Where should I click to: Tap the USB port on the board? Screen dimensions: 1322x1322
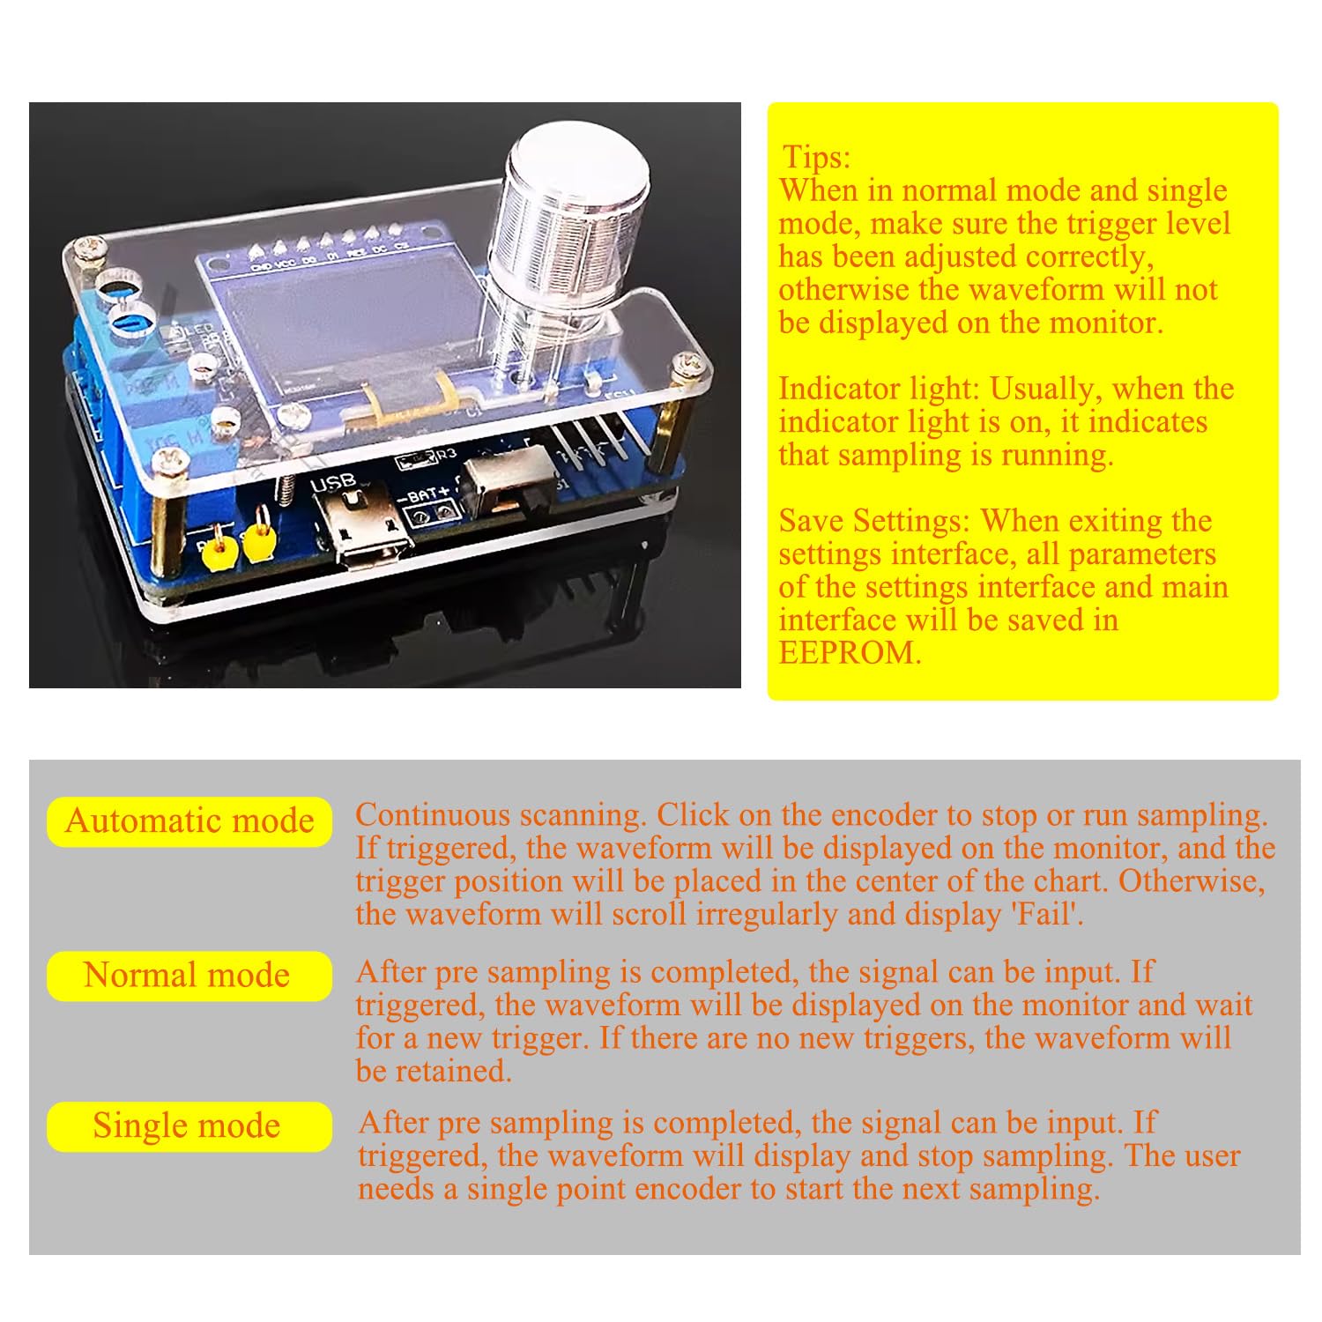(x=368, y=529)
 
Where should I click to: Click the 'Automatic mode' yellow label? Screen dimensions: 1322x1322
(x=189, y=821)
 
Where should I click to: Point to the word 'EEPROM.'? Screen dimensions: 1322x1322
(x=850, y=653)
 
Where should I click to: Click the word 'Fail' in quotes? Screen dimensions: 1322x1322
(x=1046, y=914)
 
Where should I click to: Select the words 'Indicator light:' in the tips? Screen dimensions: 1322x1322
(x=879, y=389)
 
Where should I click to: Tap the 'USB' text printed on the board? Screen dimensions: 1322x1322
(x=333, y=483)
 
